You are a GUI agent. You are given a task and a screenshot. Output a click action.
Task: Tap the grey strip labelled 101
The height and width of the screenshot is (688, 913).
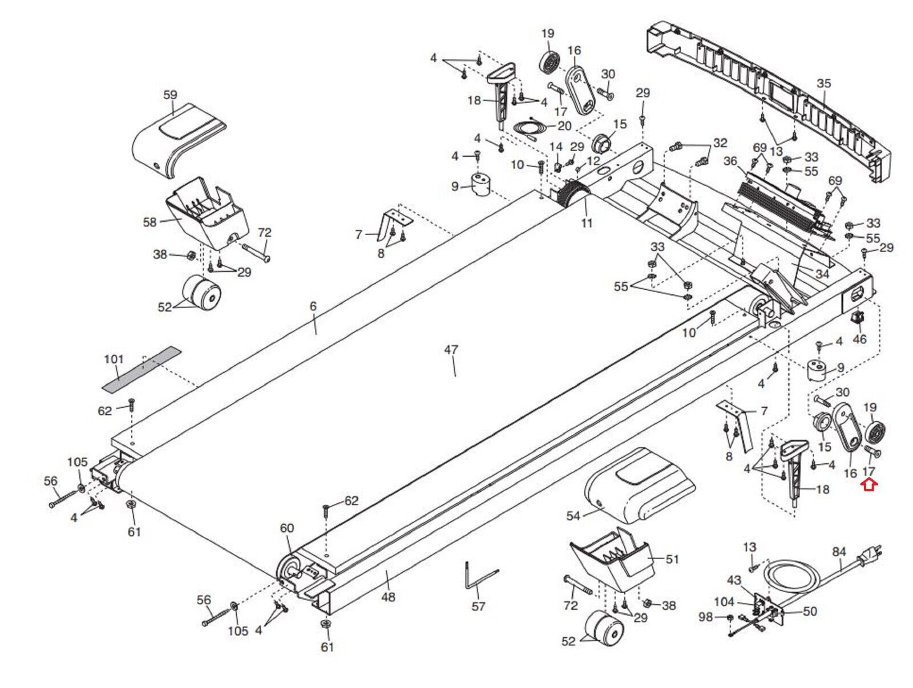coord(142,369)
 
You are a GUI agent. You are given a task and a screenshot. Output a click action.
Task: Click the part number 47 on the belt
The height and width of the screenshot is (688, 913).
coord(451,350)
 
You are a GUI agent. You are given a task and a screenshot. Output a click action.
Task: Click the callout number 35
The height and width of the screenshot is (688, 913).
coord(823,83)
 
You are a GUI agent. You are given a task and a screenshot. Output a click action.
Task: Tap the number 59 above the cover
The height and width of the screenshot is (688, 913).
coord(170,95)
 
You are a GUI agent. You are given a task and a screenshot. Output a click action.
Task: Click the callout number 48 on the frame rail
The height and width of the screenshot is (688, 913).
coord(387,597)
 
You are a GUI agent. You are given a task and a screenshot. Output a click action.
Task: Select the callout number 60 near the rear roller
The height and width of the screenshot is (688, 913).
coord(286,528)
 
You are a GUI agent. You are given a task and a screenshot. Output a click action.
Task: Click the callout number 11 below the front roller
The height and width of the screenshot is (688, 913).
coord(586,223)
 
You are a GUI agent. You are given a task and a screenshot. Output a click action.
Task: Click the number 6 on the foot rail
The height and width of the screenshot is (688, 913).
coord(313,306)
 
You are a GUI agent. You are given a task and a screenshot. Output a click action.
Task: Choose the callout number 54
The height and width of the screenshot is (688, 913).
coord(573,516)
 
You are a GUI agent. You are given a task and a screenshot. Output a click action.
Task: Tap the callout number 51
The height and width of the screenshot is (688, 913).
coord(672,559)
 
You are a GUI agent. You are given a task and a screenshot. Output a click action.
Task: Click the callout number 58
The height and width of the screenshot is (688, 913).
coord(150,222)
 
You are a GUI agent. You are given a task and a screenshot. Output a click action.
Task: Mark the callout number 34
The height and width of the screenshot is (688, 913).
coord(822,274)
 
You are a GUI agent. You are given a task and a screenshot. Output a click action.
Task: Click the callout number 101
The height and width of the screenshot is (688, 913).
coord(114,359)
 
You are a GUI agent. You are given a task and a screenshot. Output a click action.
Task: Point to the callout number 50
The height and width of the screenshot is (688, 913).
coord(809,612)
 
